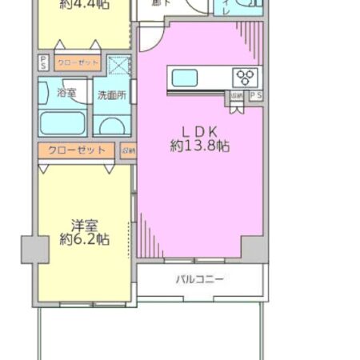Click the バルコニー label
tap(199, 279)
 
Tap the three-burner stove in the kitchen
tap(245, 78)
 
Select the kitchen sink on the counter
tap(185, 78)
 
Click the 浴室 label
tap(66, 94)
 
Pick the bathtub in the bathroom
tap(63, 122)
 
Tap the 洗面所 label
tap(111, 95)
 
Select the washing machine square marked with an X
tap(118, 65)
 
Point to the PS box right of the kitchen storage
tap(255, 96)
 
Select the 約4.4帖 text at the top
tap(84, 5)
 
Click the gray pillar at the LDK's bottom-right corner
tap(255, 248)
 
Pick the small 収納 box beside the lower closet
tap(128, 150)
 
